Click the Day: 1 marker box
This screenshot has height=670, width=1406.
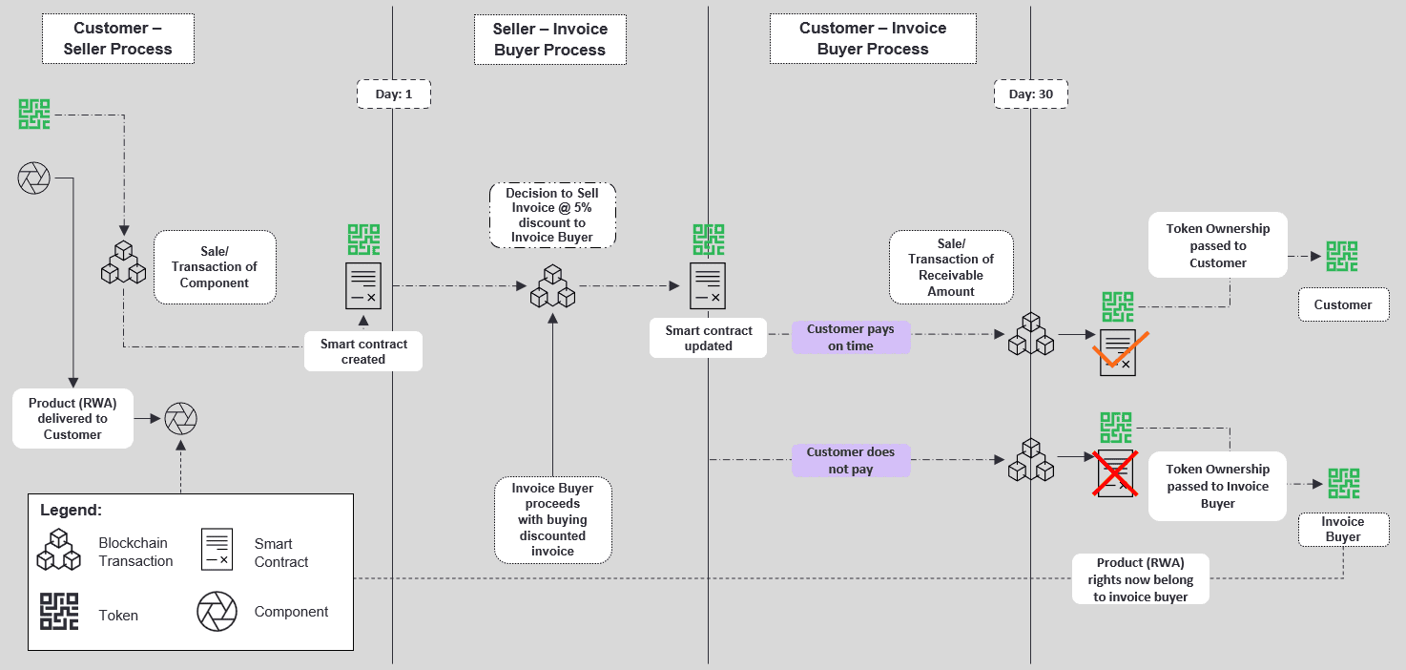(393, 94)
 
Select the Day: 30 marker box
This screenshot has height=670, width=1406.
(1030, 94)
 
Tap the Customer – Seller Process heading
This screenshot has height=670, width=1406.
(118, 39)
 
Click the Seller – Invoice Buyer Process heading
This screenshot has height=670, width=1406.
(550, 39)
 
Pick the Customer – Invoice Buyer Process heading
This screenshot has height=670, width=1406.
(873, 39)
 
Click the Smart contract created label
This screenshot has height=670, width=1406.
(363, 351)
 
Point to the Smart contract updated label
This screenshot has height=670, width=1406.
(708, 338)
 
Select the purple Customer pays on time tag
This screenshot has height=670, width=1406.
(851, 338)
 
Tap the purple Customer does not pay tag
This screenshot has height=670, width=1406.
(851, 460)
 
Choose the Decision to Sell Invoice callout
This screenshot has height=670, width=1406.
(552, 215)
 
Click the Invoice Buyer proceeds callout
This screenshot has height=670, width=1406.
(552, 520)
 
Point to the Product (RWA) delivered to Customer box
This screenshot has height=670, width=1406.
(72, 419)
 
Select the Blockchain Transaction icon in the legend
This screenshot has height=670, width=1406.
(58, 550)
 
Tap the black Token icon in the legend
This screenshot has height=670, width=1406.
(58, 612)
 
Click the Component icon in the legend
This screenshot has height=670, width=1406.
(217, 612)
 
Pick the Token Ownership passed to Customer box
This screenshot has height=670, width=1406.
(1218, 245)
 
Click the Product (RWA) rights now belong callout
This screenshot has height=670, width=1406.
(1140, 579)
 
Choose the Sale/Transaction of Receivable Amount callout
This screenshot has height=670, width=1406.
(951, 267)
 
